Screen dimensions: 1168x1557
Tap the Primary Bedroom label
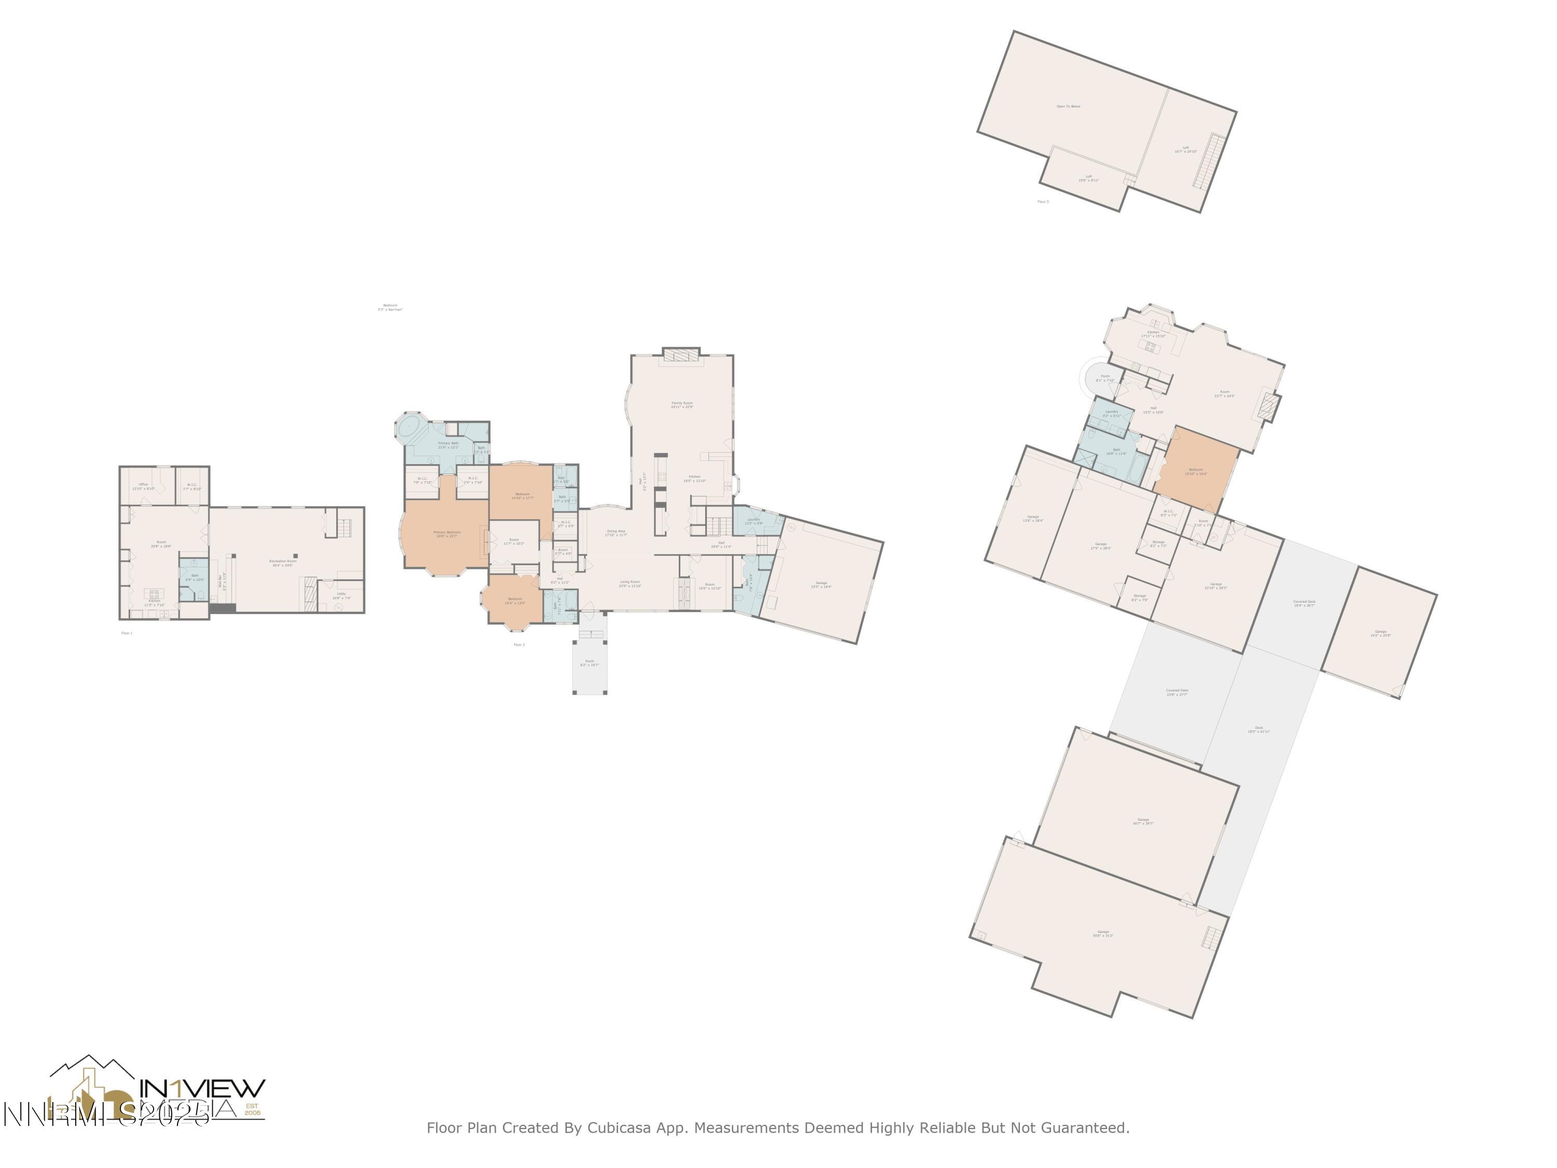(446, 534)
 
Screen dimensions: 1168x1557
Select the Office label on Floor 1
(144, 486)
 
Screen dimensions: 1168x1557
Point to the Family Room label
(681, 405)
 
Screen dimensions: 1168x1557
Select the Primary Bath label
(448, 445)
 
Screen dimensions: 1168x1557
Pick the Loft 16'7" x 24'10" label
(1185, 150)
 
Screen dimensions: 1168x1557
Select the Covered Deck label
(1304, 603)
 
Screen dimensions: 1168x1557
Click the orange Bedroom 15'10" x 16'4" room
(1195, 470)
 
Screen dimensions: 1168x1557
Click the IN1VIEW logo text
(203, 1089)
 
